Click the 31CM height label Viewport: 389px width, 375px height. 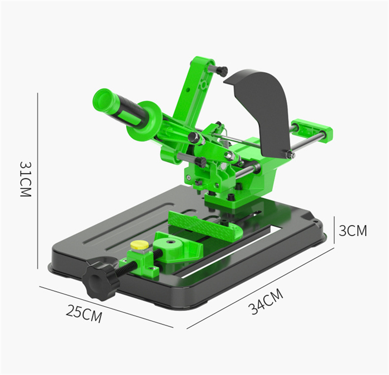pyautogui.click(x=24, y=179)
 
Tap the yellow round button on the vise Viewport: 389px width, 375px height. pyautogui.click(x=139, y=245)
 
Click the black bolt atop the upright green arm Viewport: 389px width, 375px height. pyautogui.click(x=221, y=71)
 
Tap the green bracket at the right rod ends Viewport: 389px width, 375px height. pyautogui.click(x=313, y=130)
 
